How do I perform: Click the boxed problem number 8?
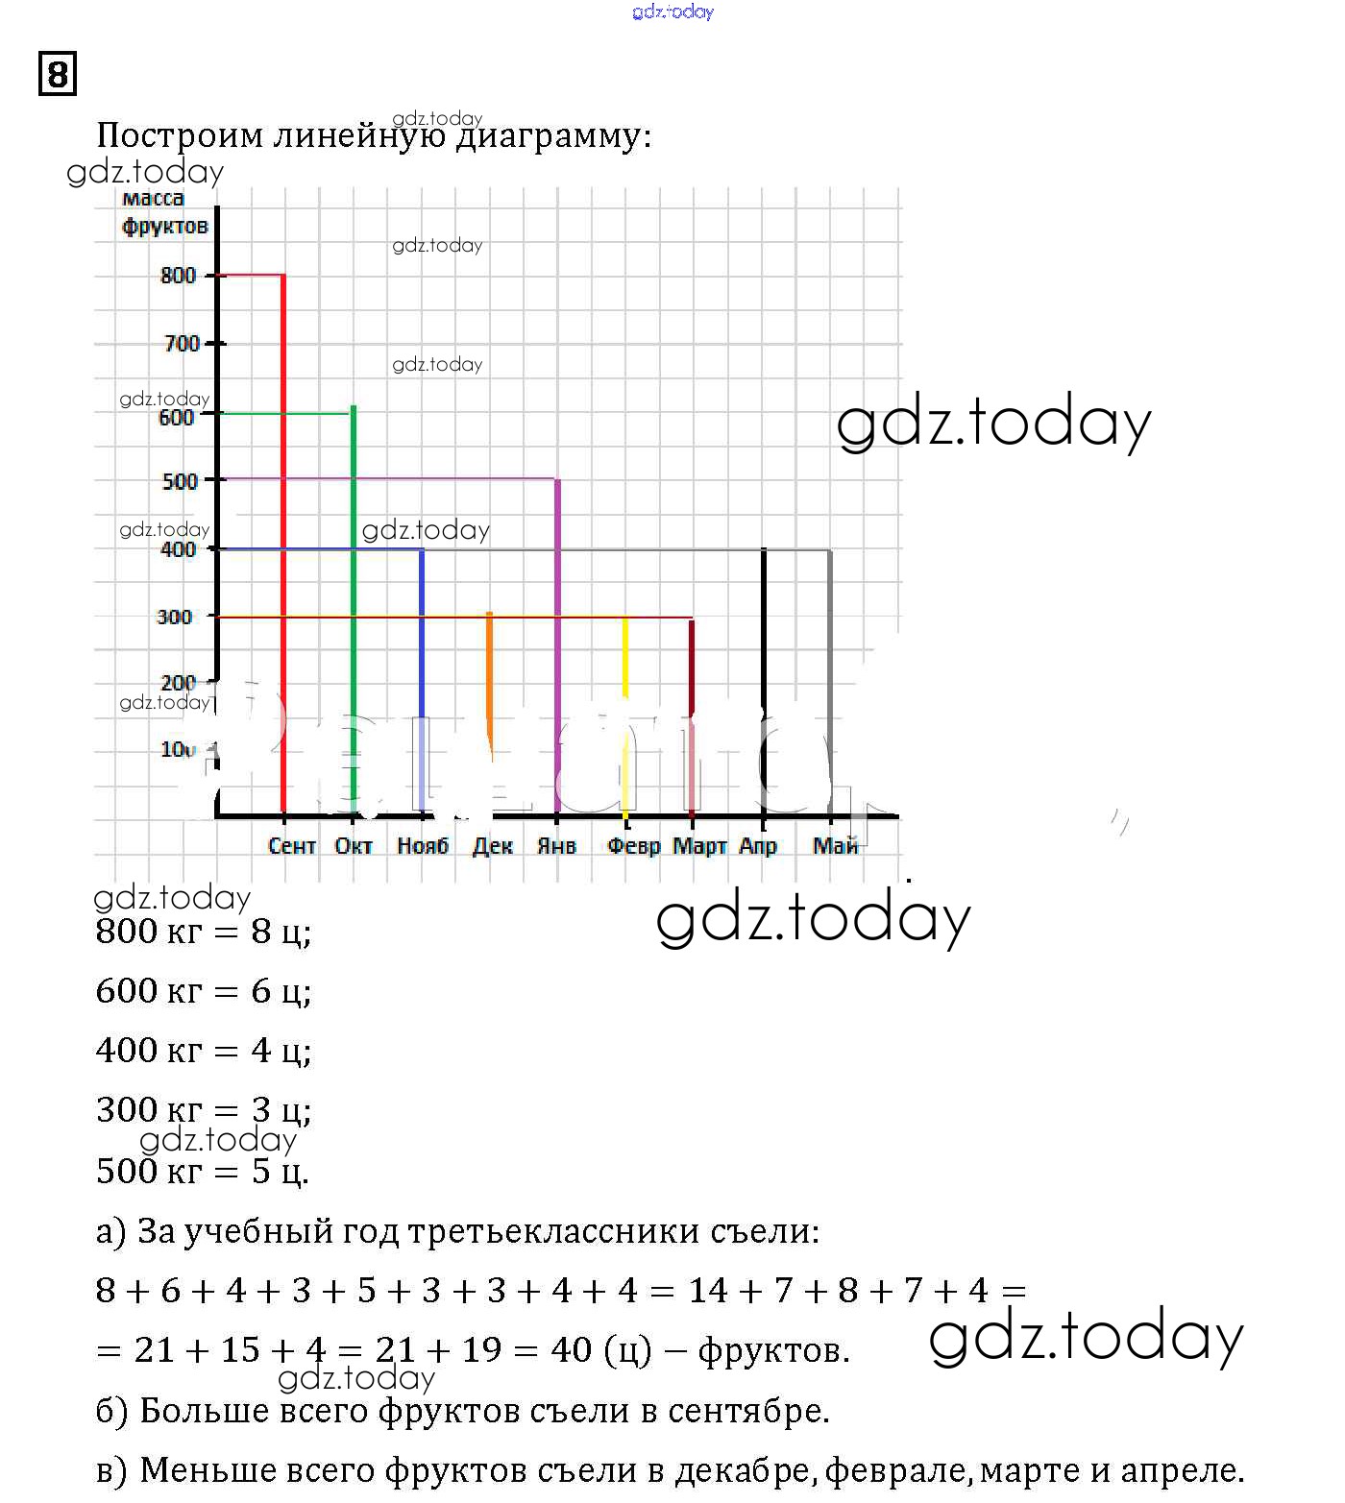pos(58,74)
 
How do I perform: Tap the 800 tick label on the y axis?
pos(178,276)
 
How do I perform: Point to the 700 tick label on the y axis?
pos(182,344)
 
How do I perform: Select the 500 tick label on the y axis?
pos(180,481)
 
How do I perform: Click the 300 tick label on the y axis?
pos(175,617)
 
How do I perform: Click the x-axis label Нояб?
pos(423,846)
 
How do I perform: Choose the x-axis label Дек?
pos(492,846)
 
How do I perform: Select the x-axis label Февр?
pos(634,846)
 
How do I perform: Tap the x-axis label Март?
pos(699,846)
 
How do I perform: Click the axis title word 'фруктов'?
pos(165,227)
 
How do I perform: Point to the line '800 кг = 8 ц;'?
pos(204,932)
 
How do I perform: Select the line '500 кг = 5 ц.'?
pos(202,1171)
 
